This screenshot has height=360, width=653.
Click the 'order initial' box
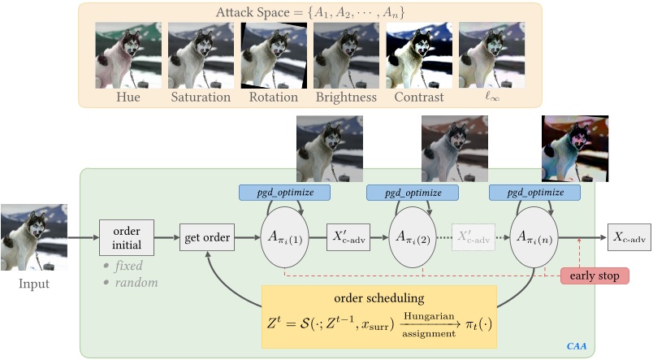[126, 238]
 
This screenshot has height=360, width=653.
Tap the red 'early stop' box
[595, 276]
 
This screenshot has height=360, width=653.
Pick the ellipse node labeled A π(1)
[285, 238]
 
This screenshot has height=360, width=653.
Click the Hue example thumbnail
[128, 54]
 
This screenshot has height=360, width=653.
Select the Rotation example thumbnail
[273, 54]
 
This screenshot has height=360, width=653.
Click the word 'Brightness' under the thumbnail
[345, 98]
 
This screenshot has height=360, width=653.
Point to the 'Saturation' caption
[201, 98]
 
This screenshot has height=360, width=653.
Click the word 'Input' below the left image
[33, 284]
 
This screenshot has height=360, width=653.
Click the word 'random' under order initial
[134, 283]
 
